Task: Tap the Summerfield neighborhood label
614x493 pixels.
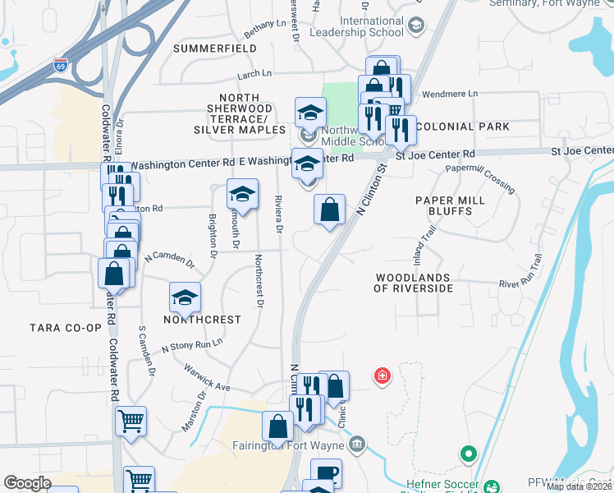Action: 209,48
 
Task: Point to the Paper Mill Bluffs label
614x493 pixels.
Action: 444,205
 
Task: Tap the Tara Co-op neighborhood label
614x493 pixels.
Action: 66,328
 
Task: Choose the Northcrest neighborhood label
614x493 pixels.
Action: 202,320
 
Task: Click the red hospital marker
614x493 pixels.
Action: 382,377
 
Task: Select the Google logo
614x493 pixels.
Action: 27,483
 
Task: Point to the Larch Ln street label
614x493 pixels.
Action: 254,75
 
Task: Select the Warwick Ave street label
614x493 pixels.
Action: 207,377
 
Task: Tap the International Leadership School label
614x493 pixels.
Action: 372,27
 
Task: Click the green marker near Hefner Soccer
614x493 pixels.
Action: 468,453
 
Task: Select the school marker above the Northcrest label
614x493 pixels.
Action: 186,298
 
